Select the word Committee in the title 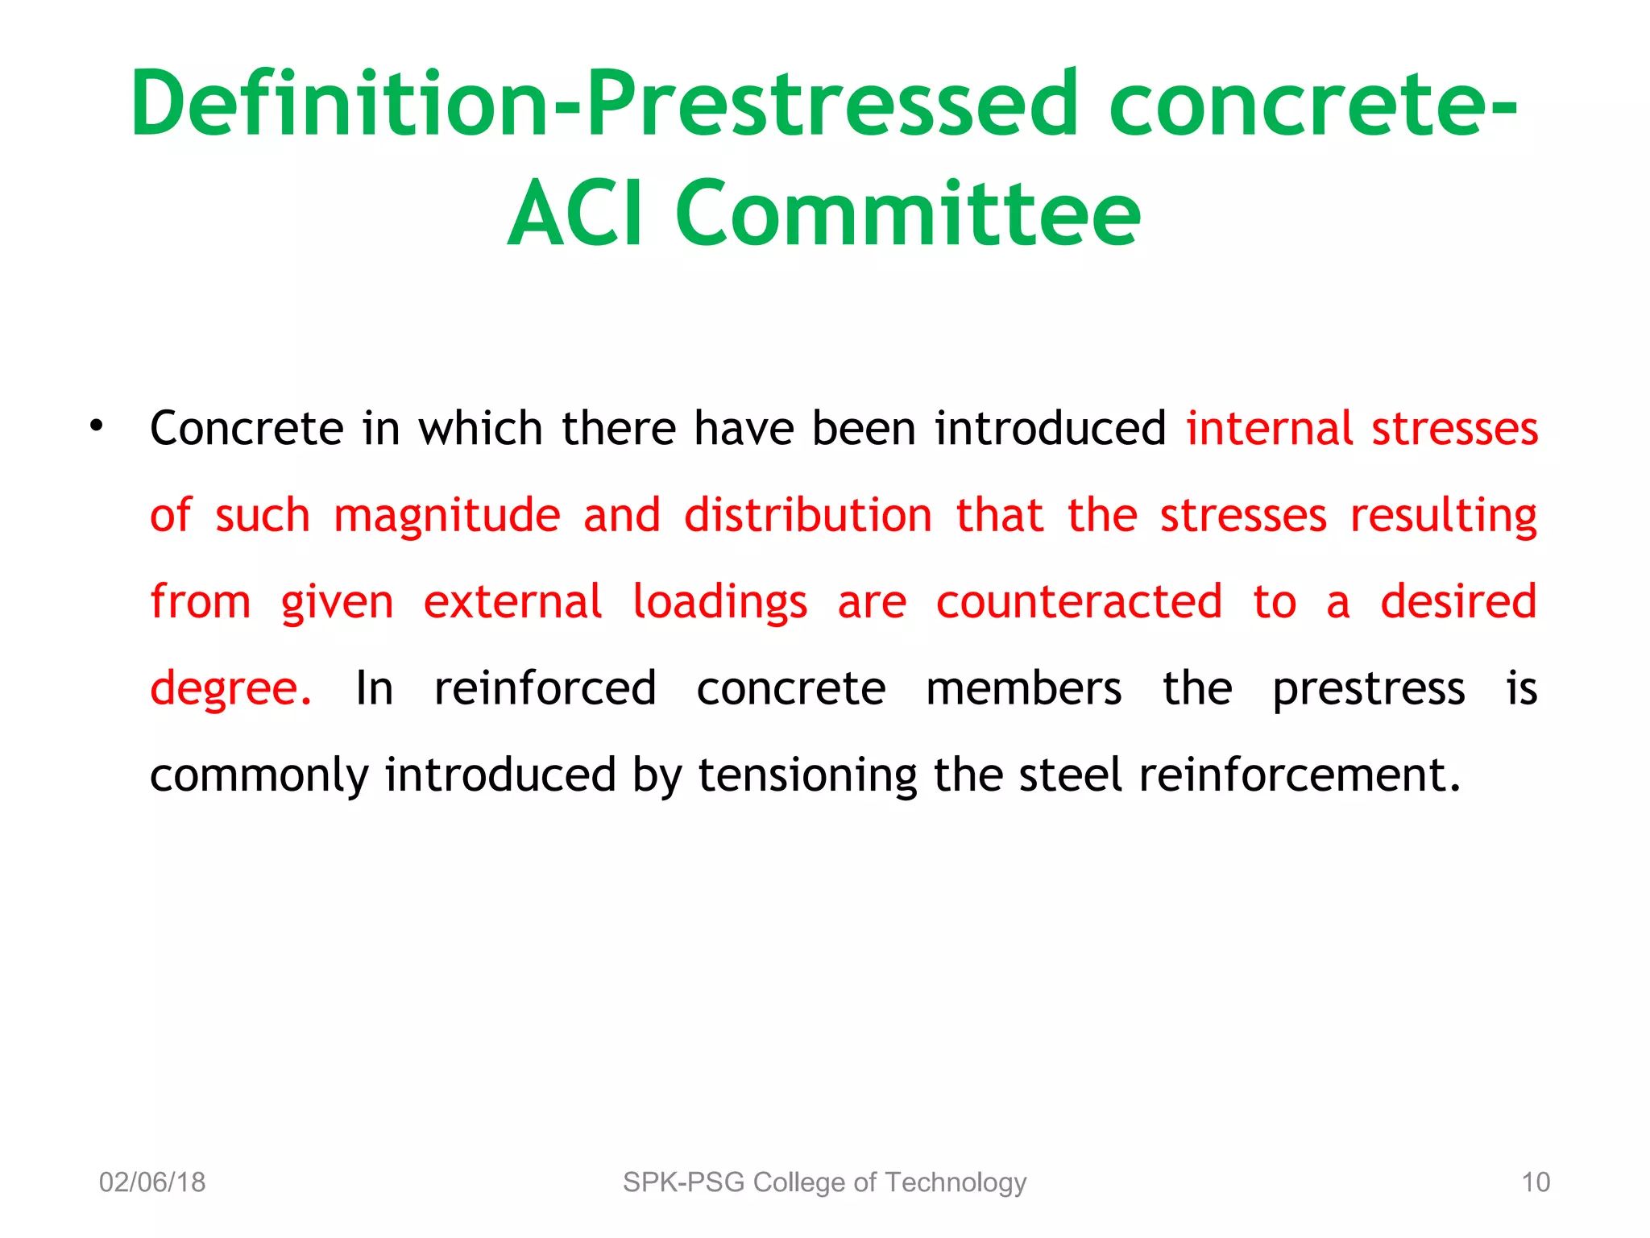pyautogui.click(x=908, y=214)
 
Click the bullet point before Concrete pyautogui.click(x=97, y=426)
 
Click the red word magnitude pyautogui.click(x=446, y=516)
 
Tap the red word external pyautogui.click(x=512, y=601)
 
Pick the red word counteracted pyautogui.click(x=1079, y=601)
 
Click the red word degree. pyautogui.click(x=230, y=690)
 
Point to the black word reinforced pyautogui.click(x=545, y=688)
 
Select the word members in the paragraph pyautogui.click(x=1023, y=688)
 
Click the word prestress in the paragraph pyautogui.click(x=1368, y=690)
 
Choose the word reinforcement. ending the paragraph pyautogui.click(x=1299, y=775)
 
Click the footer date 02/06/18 pyautogui.click(x=152, y=1182)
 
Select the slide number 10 pyautogui.click(x=1535, y=1182)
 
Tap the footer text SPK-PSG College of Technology pyautogui.click(x=824, y=1182)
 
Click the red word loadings pyautogui.click(x=719, y=603)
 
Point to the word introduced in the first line pyautogui.click(x=1050, y=428)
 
